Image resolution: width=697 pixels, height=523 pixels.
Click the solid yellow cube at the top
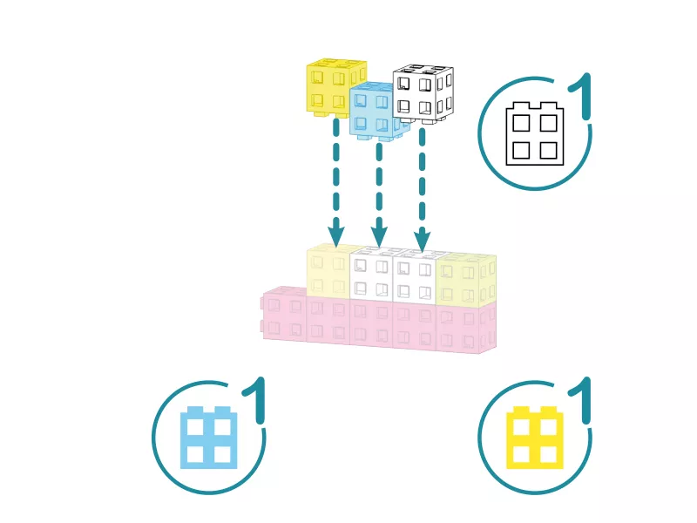[336, 87]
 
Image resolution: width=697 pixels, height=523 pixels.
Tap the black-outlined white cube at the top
[423, 94]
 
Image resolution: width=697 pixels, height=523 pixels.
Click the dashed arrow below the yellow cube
[336, 182]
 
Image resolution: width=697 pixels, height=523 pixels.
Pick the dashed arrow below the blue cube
[379, 194]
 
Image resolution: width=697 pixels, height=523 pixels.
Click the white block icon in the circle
[535, 133]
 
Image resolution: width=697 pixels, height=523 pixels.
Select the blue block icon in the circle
[209, 438]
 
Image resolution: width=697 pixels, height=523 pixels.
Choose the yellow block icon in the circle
[535, 438]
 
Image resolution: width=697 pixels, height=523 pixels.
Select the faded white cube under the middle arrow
[373, 274]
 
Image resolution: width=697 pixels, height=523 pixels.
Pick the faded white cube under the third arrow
[416, 275]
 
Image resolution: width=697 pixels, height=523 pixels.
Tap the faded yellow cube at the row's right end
[466, 280]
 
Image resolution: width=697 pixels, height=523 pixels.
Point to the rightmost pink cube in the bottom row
[466, 329]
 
